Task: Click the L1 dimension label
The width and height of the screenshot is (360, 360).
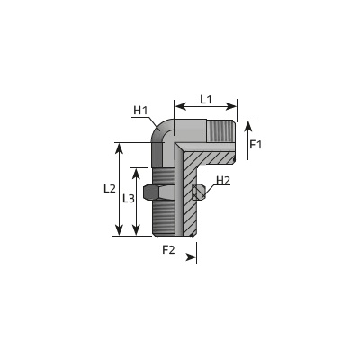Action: pos(206,99)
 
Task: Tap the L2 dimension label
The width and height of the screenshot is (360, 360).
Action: pos(110,189)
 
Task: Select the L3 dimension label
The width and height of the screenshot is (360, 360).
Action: pos(129,198)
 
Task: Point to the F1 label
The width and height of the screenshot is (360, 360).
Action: pos(256,145)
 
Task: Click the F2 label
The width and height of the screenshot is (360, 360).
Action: pos(168,249)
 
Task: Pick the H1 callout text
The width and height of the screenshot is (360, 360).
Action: pos(140,111)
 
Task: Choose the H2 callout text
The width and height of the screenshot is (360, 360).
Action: pos(223,181)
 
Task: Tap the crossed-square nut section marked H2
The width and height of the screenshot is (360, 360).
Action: pos(198,192)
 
